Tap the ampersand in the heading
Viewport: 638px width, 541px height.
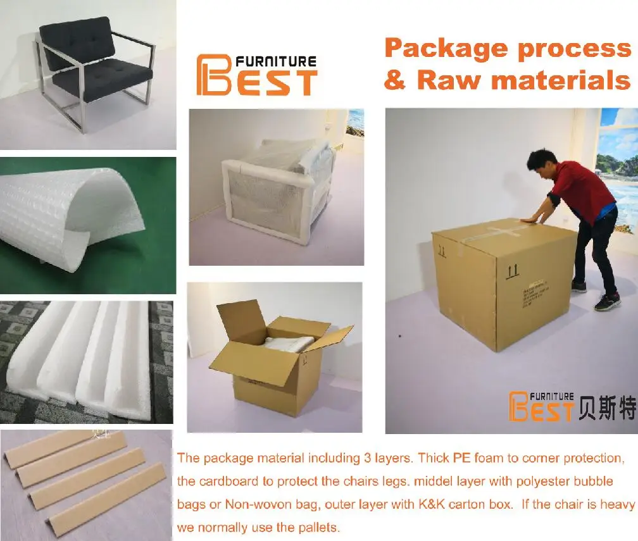[396, 81]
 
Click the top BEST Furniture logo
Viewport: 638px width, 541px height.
[256, 75]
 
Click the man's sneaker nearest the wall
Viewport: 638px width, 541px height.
[579, 286]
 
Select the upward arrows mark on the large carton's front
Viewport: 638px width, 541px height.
[513, 271]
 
